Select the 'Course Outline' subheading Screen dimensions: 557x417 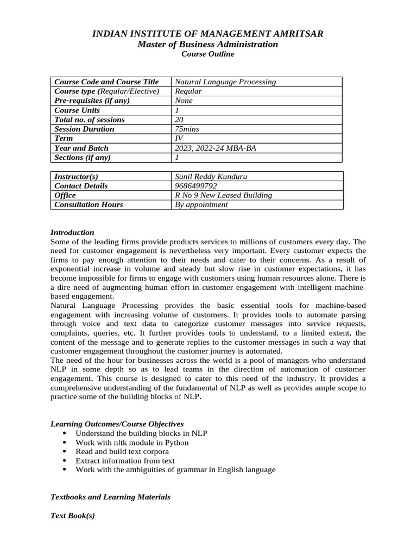point(208,54)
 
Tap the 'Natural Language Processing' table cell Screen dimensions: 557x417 point(225,82)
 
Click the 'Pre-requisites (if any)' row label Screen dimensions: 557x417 point(92,101)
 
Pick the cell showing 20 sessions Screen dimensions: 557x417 point(180,120)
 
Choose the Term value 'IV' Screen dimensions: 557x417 point(179,139)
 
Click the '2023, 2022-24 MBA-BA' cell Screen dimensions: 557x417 point(216,148)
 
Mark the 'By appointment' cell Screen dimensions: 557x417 point(201,205)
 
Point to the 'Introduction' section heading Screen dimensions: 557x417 point(72,232)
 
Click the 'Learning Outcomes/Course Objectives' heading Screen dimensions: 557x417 point(117,424)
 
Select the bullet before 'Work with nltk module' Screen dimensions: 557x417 point(65,442)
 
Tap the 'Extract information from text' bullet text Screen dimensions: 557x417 point(125,460)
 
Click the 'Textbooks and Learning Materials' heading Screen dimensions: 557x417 point(110,497)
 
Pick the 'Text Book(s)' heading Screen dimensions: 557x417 point(73,515)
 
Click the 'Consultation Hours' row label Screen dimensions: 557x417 point(89,205)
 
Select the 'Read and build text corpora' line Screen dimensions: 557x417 point(122,451)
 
